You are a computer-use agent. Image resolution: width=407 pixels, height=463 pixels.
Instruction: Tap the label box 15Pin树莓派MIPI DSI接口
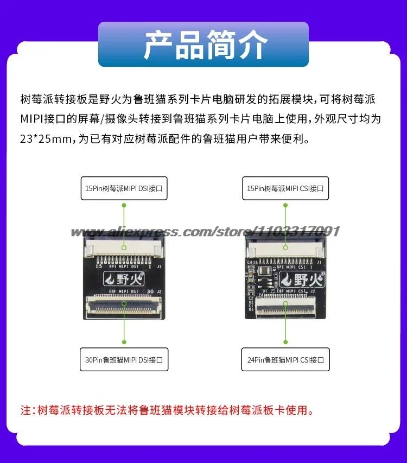coord(124,188)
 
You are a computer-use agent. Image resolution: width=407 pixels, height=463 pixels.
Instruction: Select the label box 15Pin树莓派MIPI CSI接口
coord(285,188)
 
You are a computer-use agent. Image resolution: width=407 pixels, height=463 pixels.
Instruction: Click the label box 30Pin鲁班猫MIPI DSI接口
coord(124,359)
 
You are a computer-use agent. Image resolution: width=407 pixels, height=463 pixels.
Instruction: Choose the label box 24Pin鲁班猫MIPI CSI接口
coord(285,359)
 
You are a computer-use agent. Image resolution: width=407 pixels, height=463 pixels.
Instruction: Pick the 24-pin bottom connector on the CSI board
coord(287,310)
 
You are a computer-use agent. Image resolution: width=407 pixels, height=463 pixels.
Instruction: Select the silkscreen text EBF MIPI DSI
coord(123,291)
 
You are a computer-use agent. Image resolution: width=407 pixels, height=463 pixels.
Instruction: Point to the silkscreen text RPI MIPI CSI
coord(291,267)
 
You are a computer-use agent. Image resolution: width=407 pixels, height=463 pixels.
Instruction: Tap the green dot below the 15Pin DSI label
coord(124,206)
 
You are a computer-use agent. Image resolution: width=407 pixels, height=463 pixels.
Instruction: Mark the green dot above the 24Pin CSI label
coord(285,342)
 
